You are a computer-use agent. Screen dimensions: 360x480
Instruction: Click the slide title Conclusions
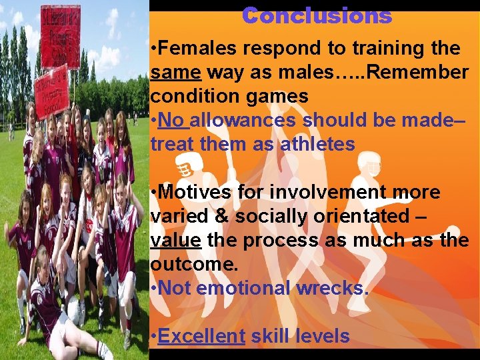coord(317,15)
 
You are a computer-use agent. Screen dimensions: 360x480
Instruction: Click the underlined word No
coord(173,121)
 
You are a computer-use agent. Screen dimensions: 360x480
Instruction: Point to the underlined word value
coord(176,241)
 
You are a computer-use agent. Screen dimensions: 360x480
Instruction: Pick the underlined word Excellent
coord(202,337)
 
